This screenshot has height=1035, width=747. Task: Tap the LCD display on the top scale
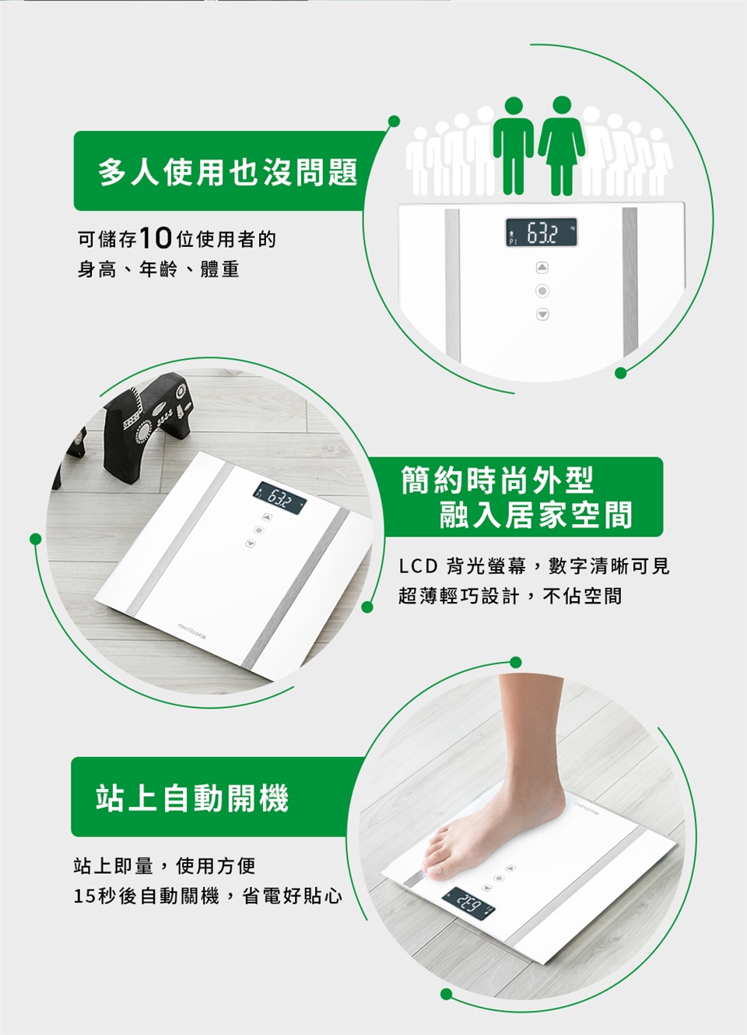coord(542,232)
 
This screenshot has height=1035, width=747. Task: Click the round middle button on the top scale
coord(542,291)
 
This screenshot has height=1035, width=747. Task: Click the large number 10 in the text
coord(155,239)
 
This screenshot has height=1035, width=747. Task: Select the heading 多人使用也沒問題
coord(228,172)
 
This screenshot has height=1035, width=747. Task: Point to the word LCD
coord(418,567)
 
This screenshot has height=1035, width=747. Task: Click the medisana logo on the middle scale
coord(192,631)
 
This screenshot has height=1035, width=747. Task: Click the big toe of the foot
coord(436,869)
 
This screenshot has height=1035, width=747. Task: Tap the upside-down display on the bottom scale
coord(468,910)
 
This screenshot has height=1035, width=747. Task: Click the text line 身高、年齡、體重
coord(159,269)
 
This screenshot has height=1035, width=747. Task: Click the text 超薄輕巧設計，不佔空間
coord(510,596)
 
